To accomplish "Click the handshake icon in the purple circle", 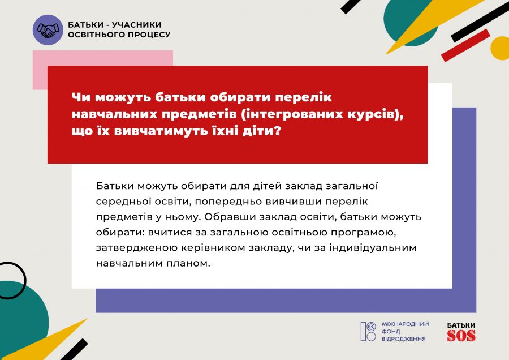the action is pos(48,30).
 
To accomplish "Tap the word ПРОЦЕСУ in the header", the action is pos(149,35).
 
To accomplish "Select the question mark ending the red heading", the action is pos(277,131).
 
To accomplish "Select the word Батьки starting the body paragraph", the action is pos(115,186).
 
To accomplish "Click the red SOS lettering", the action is pos(461,336).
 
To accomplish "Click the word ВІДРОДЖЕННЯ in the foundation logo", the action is pos(403,339).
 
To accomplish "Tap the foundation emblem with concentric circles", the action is pos(368,331).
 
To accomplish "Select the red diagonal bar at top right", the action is pos(465,45).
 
